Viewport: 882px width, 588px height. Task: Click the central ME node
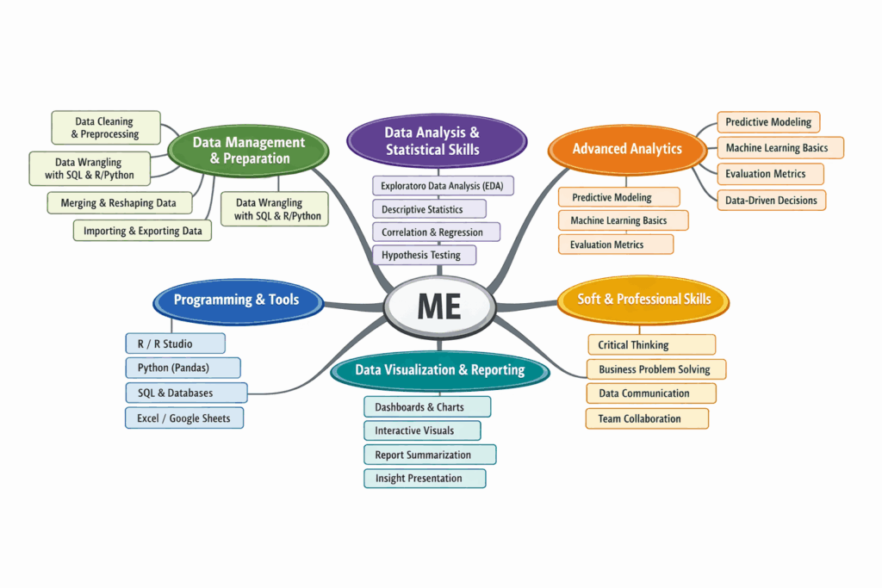[439, 307]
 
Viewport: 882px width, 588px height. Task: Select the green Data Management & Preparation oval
[248, 150]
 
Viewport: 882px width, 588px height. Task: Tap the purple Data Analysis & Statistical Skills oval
[436, 140]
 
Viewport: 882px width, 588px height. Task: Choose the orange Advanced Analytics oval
[627, 149]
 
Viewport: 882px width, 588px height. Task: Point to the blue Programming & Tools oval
[237, 300]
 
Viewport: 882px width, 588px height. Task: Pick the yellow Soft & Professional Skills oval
[643, 299]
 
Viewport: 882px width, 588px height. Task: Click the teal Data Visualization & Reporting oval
[439, 369]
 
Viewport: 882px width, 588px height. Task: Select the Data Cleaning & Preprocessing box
[105, 127]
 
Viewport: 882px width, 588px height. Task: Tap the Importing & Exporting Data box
[143, 231]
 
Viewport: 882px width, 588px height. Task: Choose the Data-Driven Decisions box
[772, 200]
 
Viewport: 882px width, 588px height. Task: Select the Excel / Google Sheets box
[183, 418]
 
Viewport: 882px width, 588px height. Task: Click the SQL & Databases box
[186, 393]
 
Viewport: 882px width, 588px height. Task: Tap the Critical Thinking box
[651, 345]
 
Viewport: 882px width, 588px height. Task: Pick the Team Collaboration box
[647, 419]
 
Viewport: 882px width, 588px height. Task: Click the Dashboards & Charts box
[426, 407]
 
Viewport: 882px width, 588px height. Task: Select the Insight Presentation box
[425, 479]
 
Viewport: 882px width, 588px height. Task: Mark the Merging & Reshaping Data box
[119, 203]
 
